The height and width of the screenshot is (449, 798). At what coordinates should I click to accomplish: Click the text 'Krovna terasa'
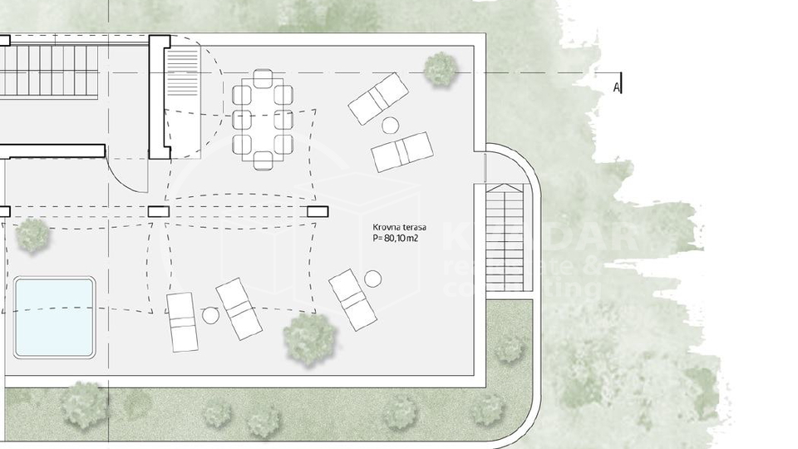click(400, 226)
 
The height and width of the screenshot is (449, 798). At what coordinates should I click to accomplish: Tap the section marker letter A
click(616, 86)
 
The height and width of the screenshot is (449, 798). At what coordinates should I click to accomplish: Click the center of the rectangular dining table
click(263, 120)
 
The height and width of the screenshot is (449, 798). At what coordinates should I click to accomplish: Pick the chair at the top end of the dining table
click(263, 78)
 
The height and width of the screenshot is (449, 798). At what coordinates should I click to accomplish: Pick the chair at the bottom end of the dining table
click(263, 160)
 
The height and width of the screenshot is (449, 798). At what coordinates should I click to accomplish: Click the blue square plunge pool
click(54, 317)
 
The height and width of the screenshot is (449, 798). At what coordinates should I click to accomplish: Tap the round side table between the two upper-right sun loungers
click(390, 125)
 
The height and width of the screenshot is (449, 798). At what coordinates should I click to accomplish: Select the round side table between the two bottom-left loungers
click(210, 315)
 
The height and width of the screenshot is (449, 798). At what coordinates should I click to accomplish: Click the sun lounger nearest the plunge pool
click(180, 322)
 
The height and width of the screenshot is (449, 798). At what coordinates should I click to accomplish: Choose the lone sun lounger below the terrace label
click(352, 299)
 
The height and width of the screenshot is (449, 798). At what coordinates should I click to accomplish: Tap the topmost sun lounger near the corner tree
click(378, 98)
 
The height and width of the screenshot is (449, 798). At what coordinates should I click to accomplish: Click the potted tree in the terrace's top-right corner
click(438, 69)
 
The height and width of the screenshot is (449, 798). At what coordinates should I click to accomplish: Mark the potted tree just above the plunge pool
click(33, 235)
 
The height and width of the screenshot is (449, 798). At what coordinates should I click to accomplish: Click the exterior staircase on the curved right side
click(505, 237)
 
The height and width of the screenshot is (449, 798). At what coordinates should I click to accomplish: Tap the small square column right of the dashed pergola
click(318, 211)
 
